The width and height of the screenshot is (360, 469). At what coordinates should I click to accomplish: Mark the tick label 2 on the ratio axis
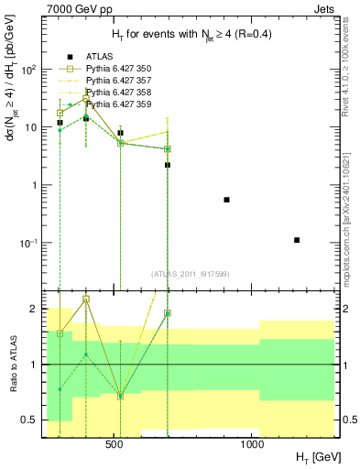click(x=33, y=310)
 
